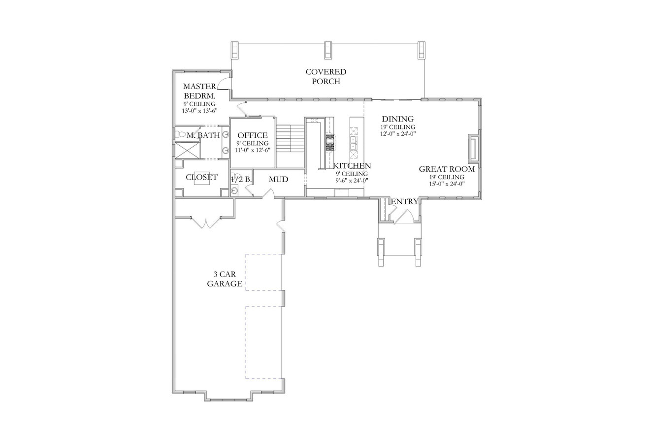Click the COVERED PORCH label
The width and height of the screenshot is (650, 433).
tap(325, 77)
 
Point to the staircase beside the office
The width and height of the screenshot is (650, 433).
tap(290, 138)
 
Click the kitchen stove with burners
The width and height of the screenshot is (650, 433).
tap(330, 142)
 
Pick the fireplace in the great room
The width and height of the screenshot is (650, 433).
tap(473, 148)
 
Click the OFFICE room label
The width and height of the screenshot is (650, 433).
tap(253, 135)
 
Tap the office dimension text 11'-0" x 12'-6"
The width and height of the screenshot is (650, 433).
tap(253, 150)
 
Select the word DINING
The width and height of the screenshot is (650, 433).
tap(398, 119)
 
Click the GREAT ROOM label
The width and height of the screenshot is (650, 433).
tap(447, 169)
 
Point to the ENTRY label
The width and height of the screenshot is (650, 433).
tap(404, 201)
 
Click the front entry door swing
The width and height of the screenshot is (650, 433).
tap(405, 217)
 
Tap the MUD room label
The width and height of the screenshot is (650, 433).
tap(278, 180)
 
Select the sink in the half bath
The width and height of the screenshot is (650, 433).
tap(234, 190)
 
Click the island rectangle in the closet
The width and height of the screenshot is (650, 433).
tap(202, 179)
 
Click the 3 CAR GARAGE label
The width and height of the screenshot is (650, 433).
tap(225, 279)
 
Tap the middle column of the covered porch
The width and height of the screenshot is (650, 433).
tap(328, 50)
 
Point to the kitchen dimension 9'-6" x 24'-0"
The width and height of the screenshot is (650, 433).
tap(351, 180)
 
